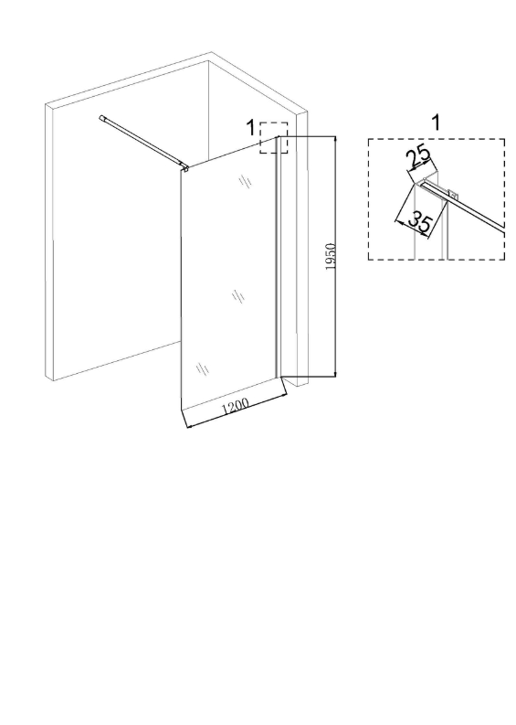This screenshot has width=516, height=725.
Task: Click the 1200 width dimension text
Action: (x=236, y=406)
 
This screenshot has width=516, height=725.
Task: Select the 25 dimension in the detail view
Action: (x=418, y=157)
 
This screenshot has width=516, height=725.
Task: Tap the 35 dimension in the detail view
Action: (x=419, y=222)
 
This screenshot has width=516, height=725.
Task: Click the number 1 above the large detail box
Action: (x=435, y=123)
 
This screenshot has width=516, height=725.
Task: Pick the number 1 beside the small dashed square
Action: (x=250, y=128)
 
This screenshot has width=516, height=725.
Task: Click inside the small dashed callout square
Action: (x=273, y=138)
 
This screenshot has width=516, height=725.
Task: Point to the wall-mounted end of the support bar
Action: (x=101, y=118)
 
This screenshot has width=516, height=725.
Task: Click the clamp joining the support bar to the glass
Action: (x=184, y=167)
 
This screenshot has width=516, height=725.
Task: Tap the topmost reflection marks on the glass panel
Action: (x=246, y=180)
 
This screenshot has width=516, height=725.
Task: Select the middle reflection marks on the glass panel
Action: (x=237, y=296)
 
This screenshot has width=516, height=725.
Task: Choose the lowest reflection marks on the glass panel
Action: (x=203, y=368)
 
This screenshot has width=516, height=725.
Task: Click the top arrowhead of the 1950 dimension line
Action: (x=335, y=139)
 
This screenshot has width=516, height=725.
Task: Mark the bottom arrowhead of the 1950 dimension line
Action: (x=335, y=373)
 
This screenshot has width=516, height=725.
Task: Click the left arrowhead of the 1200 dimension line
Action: (x=188, y=425)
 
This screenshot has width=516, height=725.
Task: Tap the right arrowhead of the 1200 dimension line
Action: (x=283, y=395)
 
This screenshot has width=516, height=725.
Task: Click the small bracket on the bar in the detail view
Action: (x=452, y=193)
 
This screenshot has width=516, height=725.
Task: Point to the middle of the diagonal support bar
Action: (x=142, y=141)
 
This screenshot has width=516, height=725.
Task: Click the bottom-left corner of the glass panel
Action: (x=181, y=410)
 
